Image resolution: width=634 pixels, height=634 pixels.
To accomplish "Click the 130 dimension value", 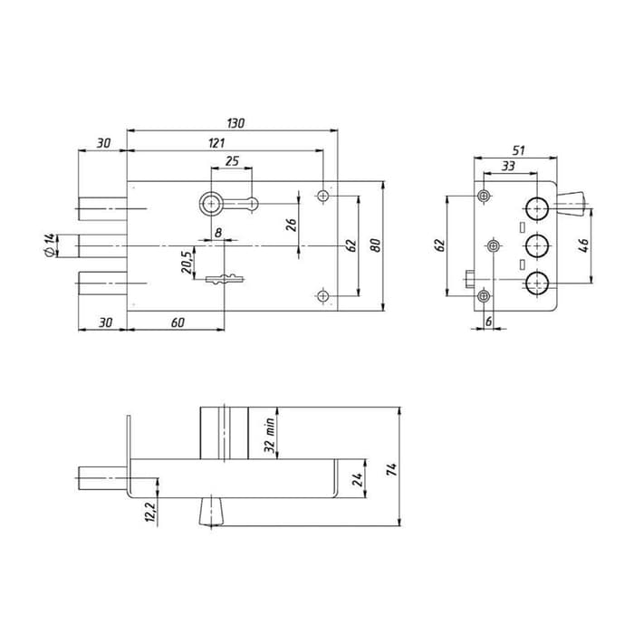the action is [235, 123].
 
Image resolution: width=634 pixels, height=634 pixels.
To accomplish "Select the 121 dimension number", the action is [216, 143].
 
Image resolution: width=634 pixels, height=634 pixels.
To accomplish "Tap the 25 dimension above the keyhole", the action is [232, 161].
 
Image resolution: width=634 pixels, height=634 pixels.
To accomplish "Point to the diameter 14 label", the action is [49, 245].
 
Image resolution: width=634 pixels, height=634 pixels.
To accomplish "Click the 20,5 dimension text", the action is [187, 262].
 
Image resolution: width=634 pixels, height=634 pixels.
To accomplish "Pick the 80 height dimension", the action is [376, 245].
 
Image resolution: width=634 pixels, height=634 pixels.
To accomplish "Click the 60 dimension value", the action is [178, 322].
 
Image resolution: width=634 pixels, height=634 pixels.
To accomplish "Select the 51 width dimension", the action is [518, 150].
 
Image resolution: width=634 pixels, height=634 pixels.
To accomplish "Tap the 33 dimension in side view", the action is [508, 166].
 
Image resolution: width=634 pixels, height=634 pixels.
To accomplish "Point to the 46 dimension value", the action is [584, 245].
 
